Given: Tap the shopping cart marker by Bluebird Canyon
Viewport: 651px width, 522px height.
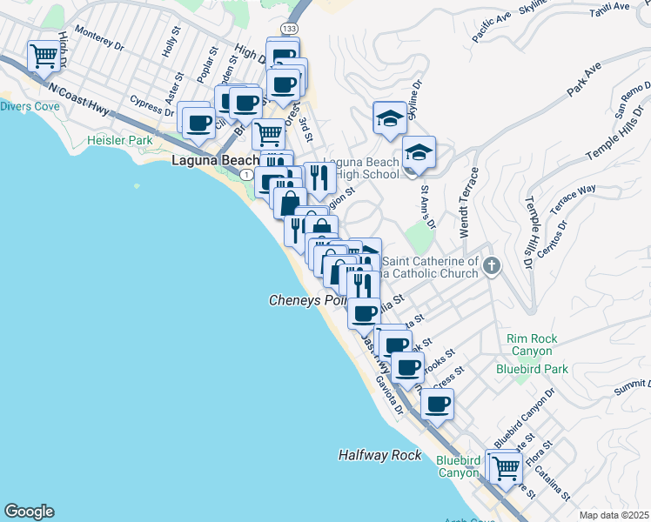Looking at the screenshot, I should tap(506, 468).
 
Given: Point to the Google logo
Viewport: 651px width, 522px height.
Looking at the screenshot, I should tap(29, 512).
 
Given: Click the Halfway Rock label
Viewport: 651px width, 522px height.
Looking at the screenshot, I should tap(379, 455).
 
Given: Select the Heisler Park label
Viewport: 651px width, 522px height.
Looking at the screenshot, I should tap(119, 140).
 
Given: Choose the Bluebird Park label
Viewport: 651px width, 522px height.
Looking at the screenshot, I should tap(532, 369).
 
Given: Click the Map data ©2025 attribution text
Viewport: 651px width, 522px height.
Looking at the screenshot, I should tap(614, 515).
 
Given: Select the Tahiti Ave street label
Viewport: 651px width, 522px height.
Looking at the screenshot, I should tap(608, 7).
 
